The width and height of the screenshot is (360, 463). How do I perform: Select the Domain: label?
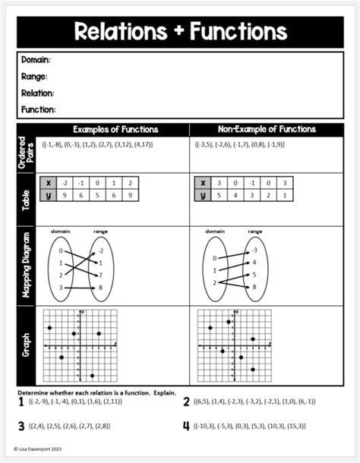36,60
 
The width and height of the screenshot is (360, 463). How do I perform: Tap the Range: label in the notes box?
34,77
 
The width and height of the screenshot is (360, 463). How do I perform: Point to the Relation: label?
37,93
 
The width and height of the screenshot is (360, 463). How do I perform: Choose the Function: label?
38,110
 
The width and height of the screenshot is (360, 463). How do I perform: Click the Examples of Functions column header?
115,130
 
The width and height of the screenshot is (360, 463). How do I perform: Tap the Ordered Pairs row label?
25,153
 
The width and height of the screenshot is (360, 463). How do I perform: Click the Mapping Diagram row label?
25,266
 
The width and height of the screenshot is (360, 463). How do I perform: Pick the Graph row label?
25,345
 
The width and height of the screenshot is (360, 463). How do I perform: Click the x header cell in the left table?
49,183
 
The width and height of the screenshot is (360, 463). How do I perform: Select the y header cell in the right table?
202,195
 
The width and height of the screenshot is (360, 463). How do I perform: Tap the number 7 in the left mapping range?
101,275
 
